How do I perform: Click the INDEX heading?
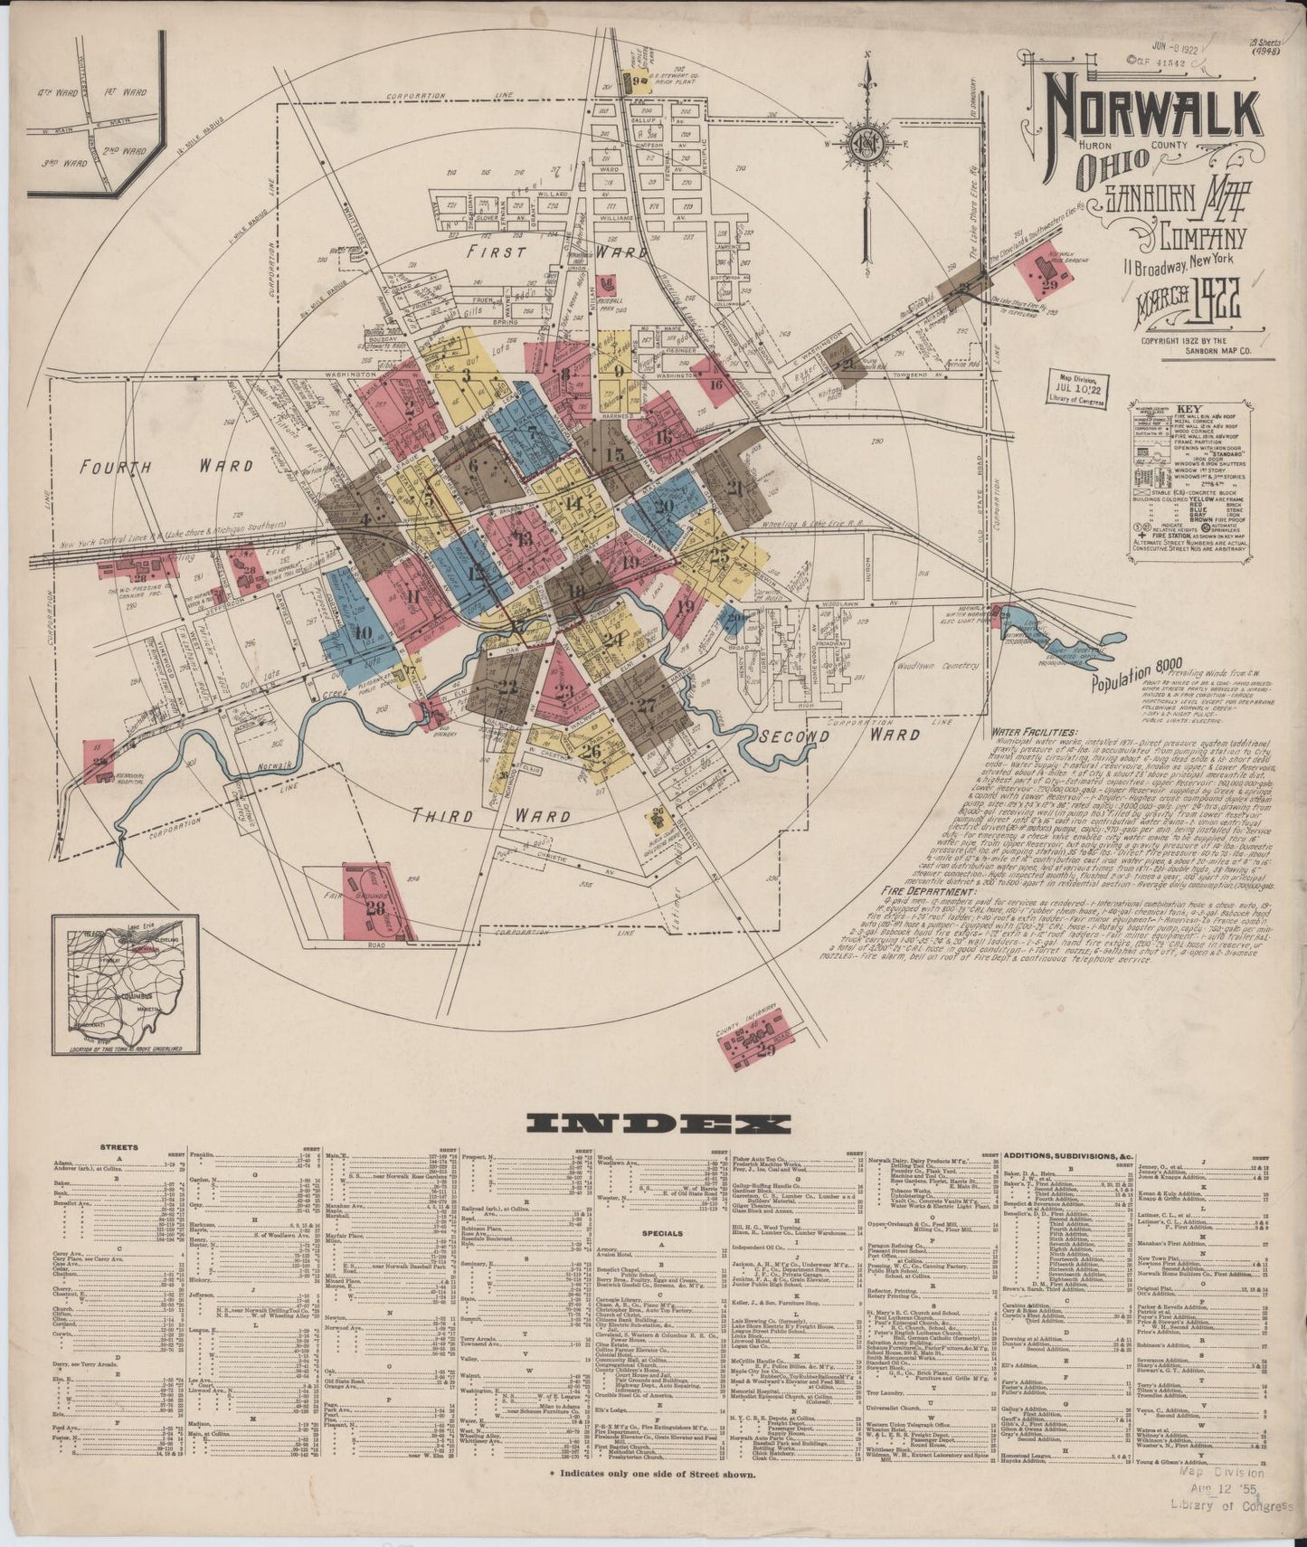(x=658, y=1124)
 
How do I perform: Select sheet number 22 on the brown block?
(x=507, y=685)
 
